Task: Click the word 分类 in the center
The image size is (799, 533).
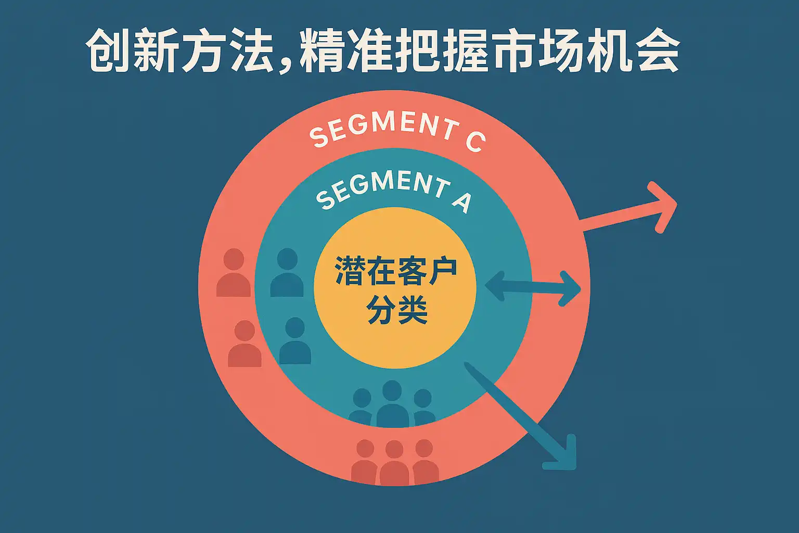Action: pos(396,310)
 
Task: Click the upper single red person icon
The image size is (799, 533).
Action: pos(234,273)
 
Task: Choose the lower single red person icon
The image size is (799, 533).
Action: pos(244,344)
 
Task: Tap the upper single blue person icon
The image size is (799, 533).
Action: pos(287,273)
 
